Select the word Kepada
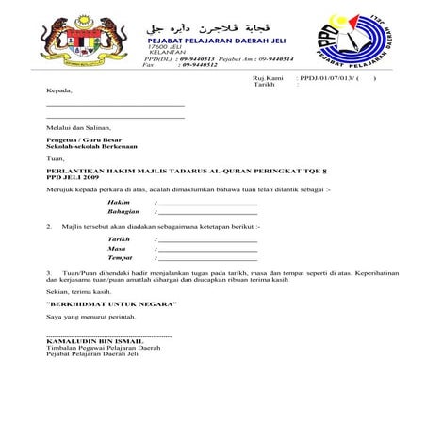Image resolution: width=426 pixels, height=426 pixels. (x=58, y=90)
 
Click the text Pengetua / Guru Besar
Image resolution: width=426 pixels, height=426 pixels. (x=79, y=139)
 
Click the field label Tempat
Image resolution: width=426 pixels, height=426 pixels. (x=120, y=257)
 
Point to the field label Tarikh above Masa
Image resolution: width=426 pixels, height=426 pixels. (x=119, y=239)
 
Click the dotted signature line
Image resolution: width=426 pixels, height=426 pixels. (x=108, y=336)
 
